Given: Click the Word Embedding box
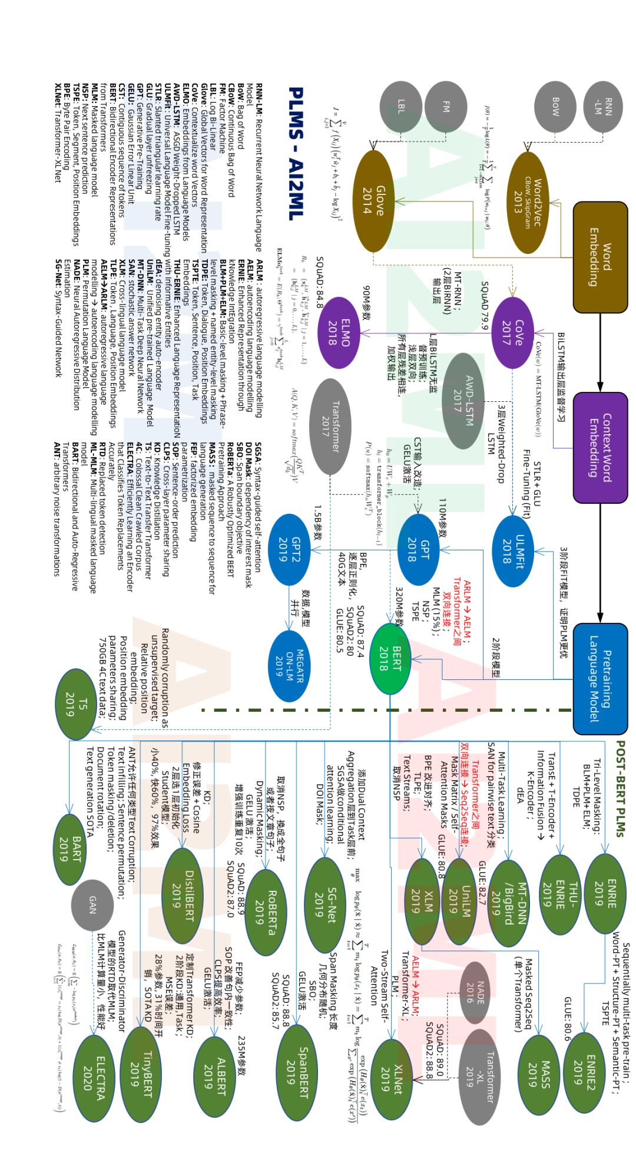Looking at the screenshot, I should point(600,257).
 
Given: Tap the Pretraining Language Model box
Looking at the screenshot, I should point(600,678).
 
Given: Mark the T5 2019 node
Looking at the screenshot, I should point(78,704).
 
